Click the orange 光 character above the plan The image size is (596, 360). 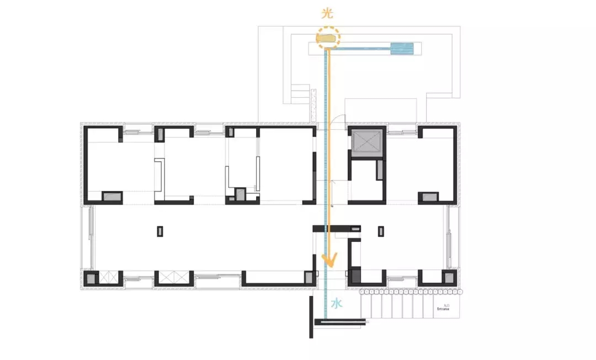point(328,14)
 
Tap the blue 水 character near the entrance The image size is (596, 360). point(337,303)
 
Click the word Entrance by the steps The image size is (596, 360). point(444,309)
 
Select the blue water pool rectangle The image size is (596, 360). point(405,49)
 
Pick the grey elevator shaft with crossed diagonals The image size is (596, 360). point(365,142)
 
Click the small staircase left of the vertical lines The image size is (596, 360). point(301,92)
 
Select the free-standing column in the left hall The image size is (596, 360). point(160,232)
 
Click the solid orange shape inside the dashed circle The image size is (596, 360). point(326,38)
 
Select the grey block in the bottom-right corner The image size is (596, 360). point(450,278)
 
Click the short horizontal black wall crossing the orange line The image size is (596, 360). point(337,228)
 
